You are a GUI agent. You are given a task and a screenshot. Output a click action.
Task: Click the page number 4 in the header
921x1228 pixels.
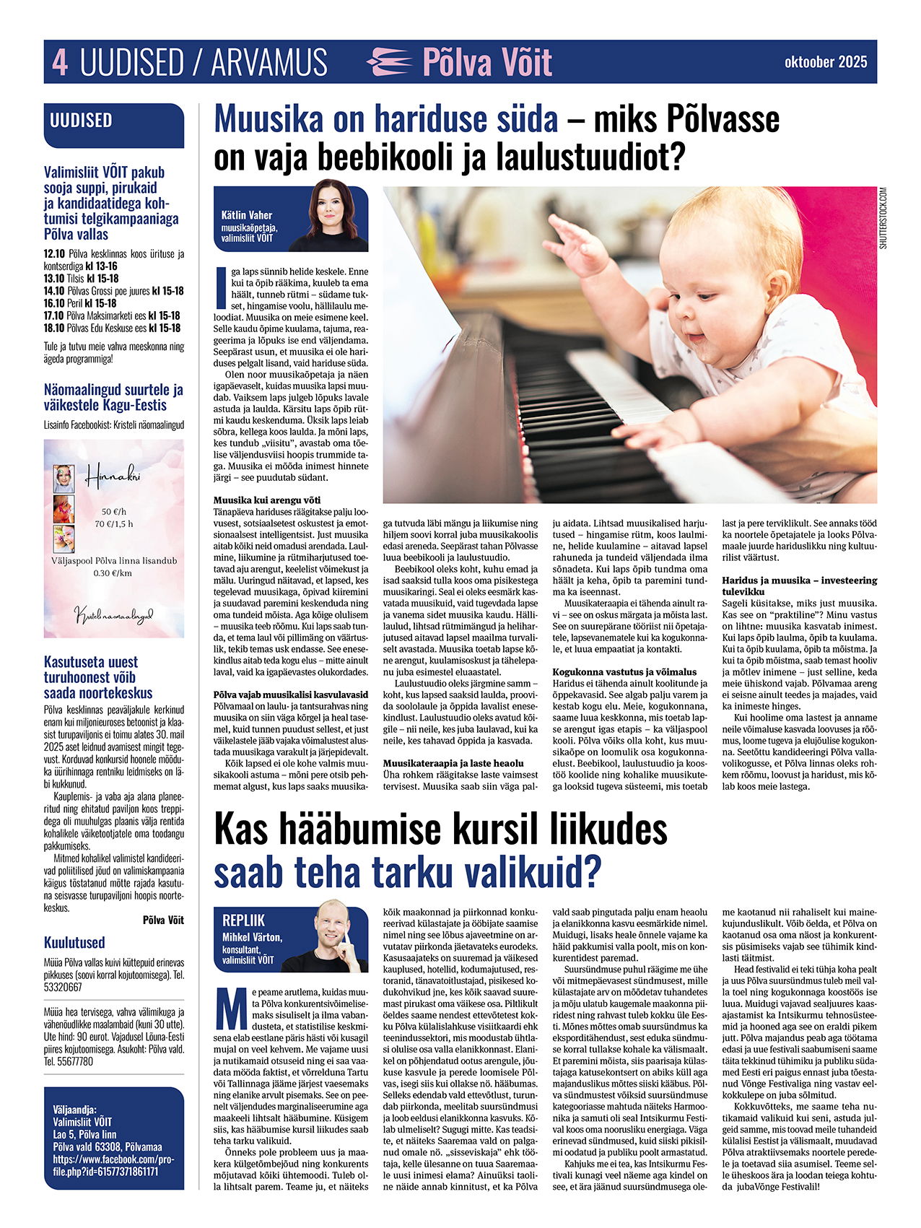(61, 63)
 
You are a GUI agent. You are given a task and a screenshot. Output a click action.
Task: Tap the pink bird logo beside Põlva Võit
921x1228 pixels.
(390, 62)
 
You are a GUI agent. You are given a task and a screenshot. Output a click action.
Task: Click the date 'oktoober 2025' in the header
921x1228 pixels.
(826, 62)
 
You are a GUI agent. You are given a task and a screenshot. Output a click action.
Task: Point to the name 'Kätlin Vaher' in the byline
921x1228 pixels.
(247, 215)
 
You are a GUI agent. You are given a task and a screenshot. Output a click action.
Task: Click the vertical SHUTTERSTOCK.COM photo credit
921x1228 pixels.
(883, 219)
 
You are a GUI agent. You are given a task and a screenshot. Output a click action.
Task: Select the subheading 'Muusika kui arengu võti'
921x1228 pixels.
(267, 500)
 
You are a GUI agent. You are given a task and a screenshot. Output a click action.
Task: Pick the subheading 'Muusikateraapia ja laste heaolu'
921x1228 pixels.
(453, 763)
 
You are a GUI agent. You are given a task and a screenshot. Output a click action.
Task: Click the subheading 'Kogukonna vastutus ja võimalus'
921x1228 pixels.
(624, 671)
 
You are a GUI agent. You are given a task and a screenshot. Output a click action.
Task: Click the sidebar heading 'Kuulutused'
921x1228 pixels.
(74, 942)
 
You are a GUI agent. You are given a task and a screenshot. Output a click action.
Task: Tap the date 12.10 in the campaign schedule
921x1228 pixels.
(54, 253)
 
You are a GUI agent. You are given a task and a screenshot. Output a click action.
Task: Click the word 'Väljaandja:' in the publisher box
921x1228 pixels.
(74, 1110)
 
